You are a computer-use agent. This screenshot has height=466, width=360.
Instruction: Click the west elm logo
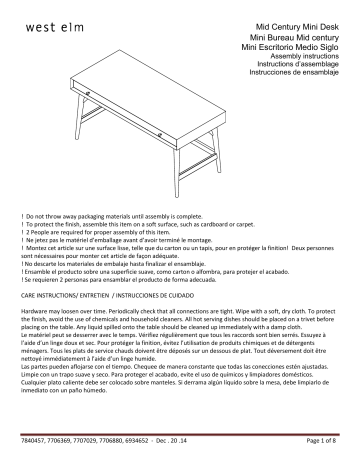pyautogui.click(x=47, y=24)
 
